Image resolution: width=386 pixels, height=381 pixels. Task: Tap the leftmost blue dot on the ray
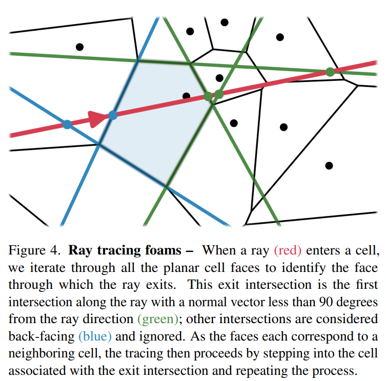pos(67,124)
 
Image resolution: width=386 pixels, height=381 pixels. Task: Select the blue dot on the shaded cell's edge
pos(113,115)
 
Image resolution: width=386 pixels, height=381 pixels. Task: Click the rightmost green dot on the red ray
pos(330,72)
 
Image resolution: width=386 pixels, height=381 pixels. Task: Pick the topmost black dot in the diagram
pos(225,22)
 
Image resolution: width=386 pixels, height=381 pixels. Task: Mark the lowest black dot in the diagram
pos(329,165)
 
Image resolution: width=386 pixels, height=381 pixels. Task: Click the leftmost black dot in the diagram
pos(79,47)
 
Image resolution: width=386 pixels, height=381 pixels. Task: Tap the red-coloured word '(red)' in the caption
pos(288,251)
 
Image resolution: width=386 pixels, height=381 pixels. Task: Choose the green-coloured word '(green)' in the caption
pos(158,319)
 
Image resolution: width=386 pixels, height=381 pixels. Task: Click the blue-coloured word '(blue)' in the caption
pos(94,336)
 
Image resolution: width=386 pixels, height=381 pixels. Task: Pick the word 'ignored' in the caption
pos(159,336)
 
